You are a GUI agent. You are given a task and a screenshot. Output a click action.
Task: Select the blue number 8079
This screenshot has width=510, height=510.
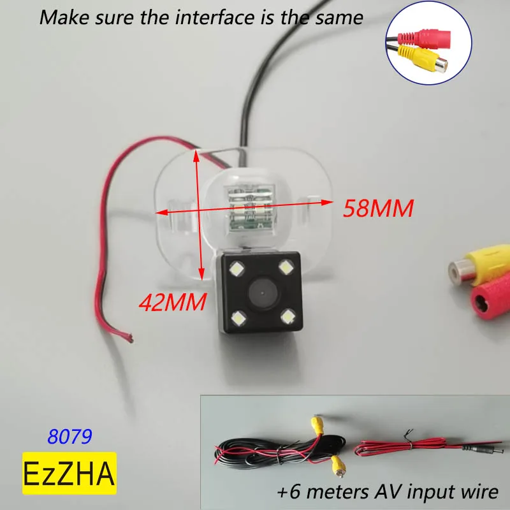(x=71, y=436)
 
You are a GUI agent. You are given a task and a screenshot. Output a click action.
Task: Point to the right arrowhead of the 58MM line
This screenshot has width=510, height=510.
(x=330, y=203)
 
